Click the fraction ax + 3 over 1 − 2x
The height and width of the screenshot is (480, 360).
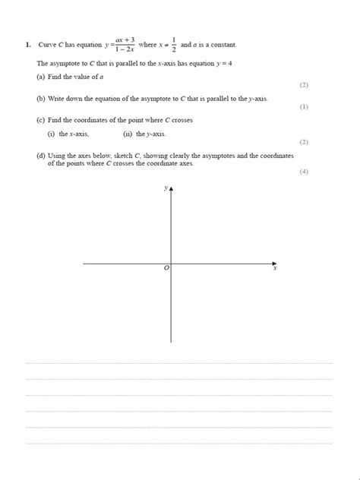click(x=125, y=45)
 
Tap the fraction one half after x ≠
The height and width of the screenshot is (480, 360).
click(x=174, y=44)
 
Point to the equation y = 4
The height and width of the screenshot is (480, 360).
click(x=222, y=63)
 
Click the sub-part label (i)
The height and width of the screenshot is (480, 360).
click(x=52, y=134)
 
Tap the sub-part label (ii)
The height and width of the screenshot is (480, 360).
click(x=128, y=134)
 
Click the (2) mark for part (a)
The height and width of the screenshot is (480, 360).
click(x=304, y=86)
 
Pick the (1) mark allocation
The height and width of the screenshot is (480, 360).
click(x=304, y=107)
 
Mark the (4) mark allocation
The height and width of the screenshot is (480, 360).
click(x=304, y=172)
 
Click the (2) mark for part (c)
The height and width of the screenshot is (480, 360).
click(x=304, y=142)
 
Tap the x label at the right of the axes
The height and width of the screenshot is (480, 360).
click(x=275, y=269)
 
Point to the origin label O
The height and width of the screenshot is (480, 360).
click(x=166, y=269)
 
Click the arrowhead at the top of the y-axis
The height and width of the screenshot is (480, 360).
click(x=171, y=188)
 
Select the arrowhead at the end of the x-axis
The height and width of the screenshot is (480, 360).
click(x=273, y=264)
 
